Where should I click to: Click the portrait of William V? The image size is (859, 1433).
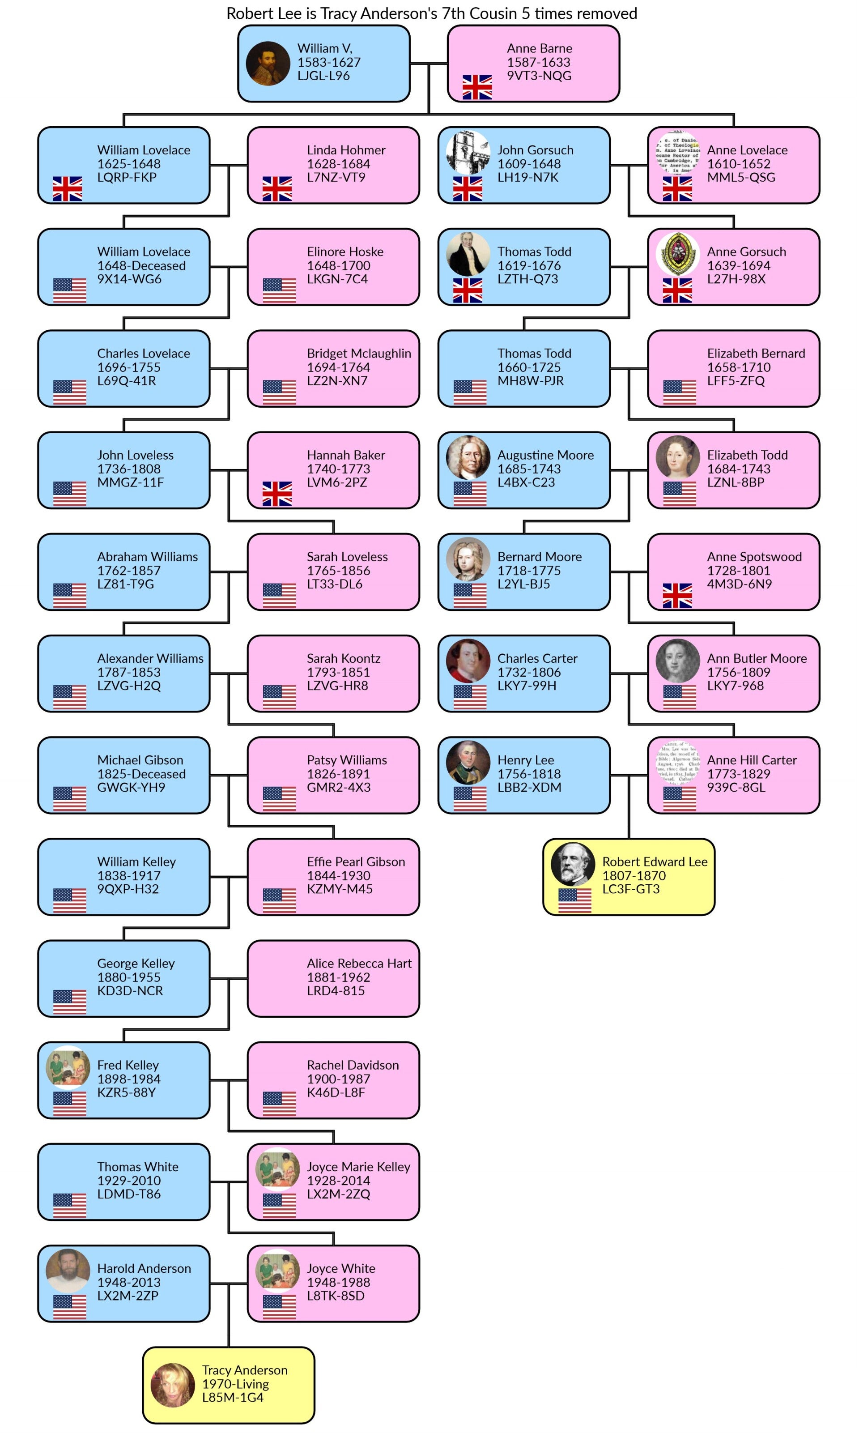(268, 63)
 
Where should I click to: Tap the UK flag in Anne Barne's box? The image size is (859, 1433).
(477, 87)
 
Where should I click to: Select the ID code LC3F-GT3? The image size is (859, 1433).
(630, 889)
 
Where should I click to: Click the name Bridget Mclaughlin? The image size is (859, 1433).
(359, 353)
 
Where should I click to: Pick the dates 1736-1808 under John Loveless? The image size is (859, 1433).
(128, 469)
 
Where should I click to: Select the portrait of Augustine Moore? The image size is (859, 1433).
(468, 457)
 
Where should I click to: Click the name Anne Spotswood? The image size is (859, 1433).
(754, 556)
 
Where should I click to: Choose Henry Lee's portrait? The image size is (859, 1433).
(468, 763)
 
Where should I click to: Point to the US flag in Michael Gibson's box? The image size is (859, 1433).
(69, 799)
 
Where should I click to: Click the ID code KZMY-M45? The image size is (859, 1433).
(339, 889)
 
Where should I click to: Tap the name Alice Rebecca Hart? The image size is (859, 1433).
(359, 964)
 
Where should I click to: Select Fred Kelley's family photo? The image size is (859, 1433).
(68, 1067)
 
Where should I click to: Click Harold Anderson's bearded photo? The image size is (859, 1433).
(68, 1270)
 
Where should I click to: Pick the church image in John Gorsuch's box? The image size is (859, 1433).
(468, 153)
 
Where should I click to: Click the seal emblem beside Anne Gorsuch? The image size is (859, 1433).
(677, 254)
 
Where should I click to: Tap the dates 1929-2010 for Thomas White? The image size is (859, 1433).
(128, 1181)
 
